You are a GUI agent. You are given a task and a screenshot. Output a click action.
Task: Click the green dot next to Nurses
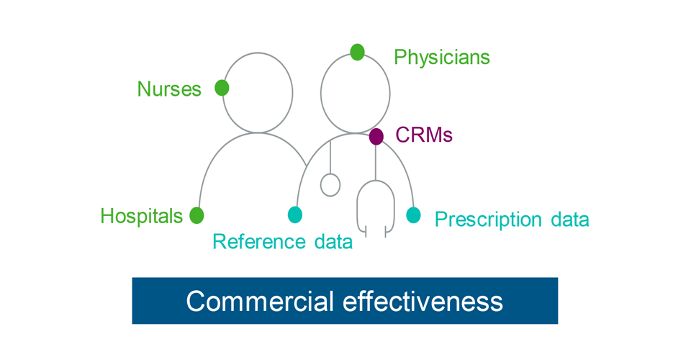click(x=222, y=88)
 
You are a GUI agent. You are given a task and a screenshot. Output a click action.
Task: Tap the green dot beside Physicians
click(x=358, y=52)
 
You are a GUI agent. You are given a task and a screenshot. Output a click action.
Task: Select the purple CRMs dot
click(x=376, y=136)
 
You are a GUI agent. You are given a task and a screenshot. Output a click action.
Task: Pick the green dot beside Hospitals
click(x=197, y=215)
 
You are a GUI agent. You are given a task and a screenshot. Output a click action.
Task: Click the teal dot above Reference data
click(x=295, y=215)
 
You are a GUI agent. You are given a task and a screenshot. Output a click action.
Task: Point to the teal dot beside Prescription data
click(x=413, y=215)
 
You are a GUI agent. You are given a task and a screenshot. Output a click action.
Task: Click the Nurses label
click(x=169, y=89)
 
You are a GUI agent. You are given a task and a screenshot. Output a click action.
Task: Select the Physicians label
click(x=441, y=57)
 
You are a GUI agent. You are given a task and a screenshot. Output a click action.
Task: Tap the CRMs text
click(x=424, y=135)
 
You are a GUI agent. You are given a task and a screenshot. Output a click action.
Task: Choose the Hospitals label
click(x=142, y=216)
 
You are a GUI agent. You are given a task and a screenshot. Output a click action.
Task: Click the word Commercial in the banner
click(x=260, y=300)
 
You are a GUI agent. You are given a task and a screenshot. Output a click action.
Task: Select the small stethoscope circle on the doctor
click(x=330, y=185)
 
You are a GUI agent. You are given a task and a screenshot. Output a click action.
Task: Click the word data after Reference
click(x=332, y=242)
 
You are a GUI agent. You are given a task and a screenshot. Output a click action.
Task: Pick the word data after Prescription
click(x=568, y=219)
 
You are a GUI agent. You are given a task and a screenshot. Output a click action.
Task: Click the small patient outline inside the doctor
click(x=376, y=209)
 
